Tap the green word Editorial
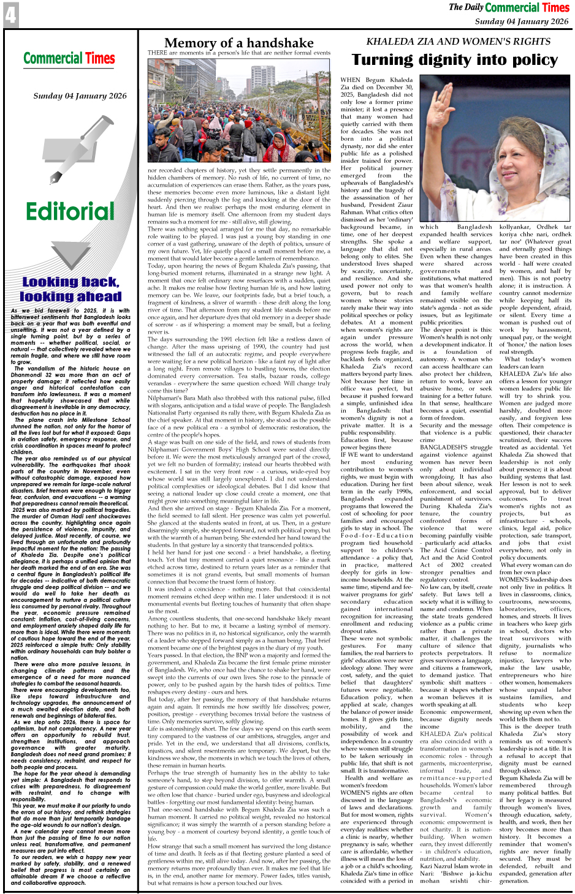pos(70,212)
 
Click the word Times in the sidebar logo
pos(100,59)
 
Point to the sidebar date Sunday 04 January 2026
pos(80,96)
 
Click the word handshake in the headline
pos(280,43)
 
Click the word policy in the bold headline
pos(529,60)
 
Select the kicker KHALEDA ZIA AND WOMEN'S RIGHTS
pos(463,42)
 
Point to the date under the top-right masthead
pos(521,21)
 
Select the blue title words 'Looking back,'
pos(70,282)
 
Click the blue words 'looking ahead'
pos(70,297)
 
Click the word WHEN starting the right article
pos(350,80)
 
